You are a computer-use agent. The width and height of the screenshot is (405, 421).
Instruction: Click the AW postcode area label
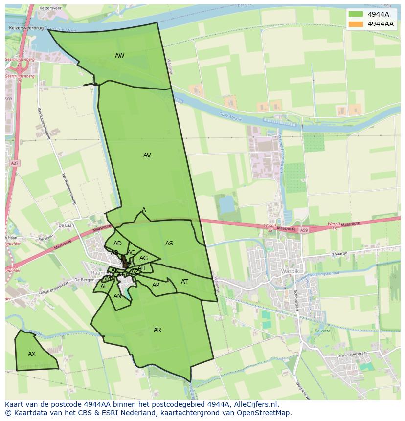point(119,56)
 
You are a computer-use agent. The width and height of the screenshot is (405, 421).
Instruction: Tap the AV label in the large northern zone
point(147,155)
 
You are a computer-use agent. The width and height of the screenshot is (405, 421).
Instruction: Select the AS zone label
point(169,244)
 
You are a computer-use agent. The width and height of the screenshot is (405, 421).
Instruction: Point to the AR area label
point(157,330)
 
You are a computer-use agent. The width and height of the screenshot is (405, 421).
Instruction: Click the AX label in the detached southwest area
point(32,354)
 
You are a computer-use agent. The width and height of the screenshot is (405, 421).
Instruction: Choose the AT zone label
point(184,282)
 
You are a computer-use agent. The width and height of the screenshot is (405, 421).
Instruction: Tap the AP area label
point(156,285)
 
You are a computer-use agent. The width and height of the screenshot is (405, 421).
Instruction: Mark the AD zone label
point(117,244)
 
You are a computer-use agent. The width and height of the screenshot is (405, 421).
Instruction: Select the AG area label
point(143,258)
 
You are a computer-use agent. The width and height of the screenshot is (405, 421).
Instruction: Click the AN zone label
point(117,296)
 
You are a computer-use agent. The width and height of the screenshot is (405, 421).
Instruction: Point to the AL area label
point(104,287)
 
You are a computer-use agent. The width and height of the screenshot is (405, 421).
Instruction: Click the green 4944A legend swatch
point(356,14)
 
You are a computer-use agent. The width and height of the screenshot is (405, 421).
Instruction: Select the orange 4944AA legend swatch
point(356,24)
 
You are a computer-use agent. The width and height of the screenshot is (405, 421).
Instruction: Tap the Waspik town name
point(289,271)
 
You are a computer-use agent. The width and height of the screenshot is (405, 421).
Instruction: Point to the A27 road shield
point(15,163)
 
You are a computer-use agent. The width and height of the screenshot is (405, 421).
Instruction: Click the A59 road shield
point(304,230)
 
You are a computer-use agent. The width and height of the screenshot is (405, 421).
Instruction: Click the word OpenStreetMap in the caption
point(264,413)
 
